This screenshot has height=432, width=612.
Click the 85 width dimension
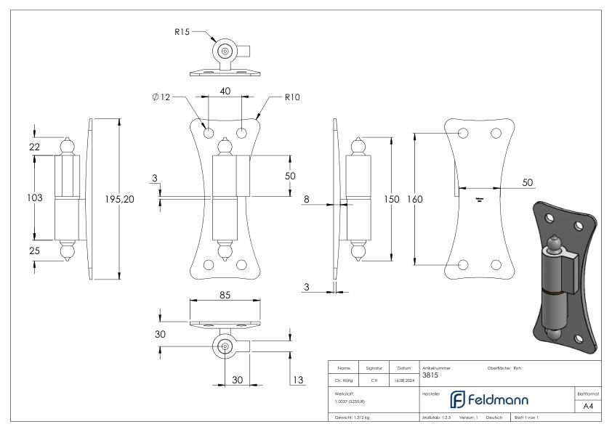[x=225, y=295]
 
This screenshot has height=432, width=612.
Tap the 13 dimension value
[x=297, y=379]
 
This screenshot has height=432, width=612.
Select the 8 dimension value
[x=307, y=197]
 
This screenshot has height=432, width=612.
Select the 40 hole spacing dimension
[x=225, y=91]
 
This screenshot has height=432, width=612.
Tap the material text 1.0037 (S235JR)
[x=347, y=401]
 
